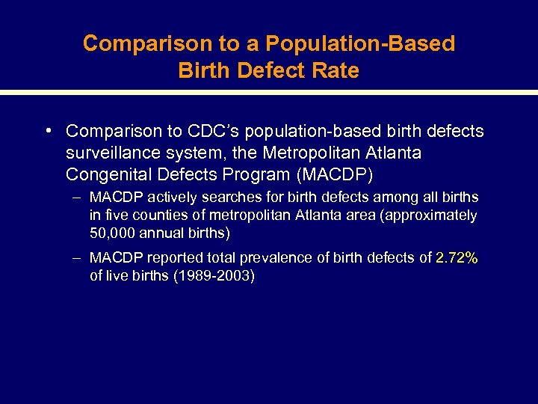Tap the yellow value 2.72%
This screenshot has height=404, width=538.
457,258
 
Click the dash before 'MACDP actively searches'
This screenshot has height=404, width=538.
78,198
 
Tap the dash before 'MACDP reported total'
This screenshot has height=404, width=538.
78,258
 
